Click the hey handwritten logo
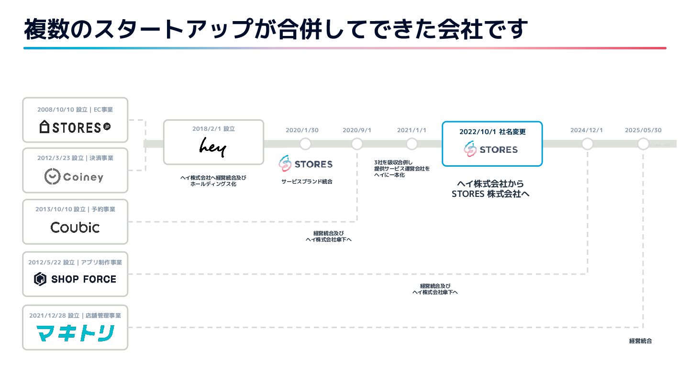tap(213, 147)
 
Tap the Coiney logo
tap(75, 177)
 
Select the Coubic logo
tap(75, 227)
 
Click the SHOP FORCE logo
tap(75, 279)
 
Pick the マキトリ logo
tap(75, 333)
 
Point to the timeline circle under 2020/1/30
tap(305, 144)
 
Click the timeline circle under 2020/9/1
tap(357, 144)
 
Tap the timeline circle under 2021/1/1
tap(411, 144)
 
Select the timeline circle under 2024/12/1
tap(587, 144)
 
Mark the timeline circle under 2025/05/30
tap(643, 144)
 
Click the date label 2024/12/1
tap(587, 130)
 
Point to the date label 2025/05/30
tap(643, 130)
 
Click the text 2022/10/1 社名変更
tap(492, 132)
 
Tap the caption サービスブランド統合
tap(307, 182)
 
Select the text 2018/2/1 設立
tap(213, 129)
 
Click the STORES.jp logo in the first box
tap(75, 127)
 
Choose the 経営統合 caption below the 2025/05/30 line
tap(640, 341)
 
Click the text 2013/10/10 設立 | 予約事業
tap(75, 209)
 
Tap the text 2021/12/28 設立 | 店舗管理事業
tap(75, 316)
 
